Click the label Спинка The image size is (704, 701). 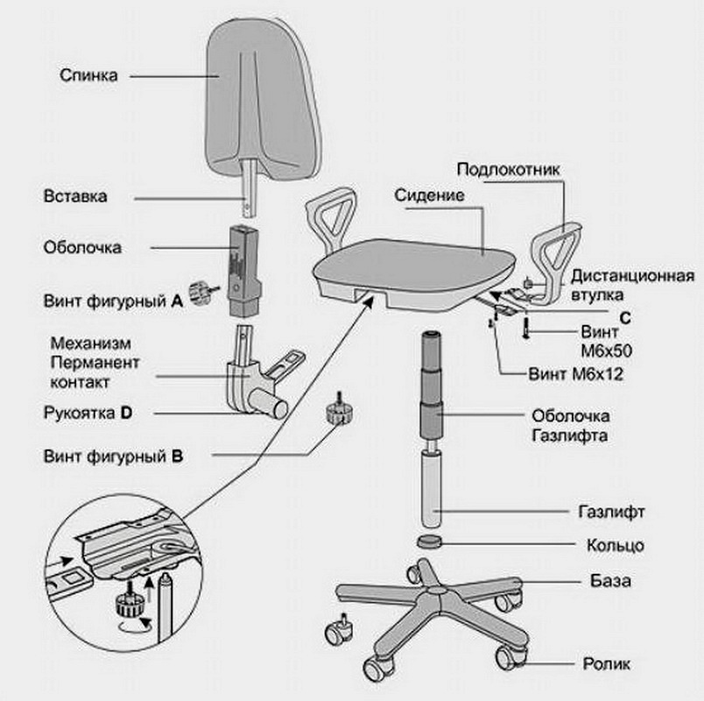(x=88, y=74)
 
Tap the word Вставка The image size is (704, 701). (x=75, y=196)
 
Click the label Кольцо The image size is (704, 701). (x=616, y=545)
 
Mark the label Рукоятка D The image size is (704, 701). (x=88, y=412)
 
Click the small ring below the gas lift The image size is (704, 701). (x=431, y=541)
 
